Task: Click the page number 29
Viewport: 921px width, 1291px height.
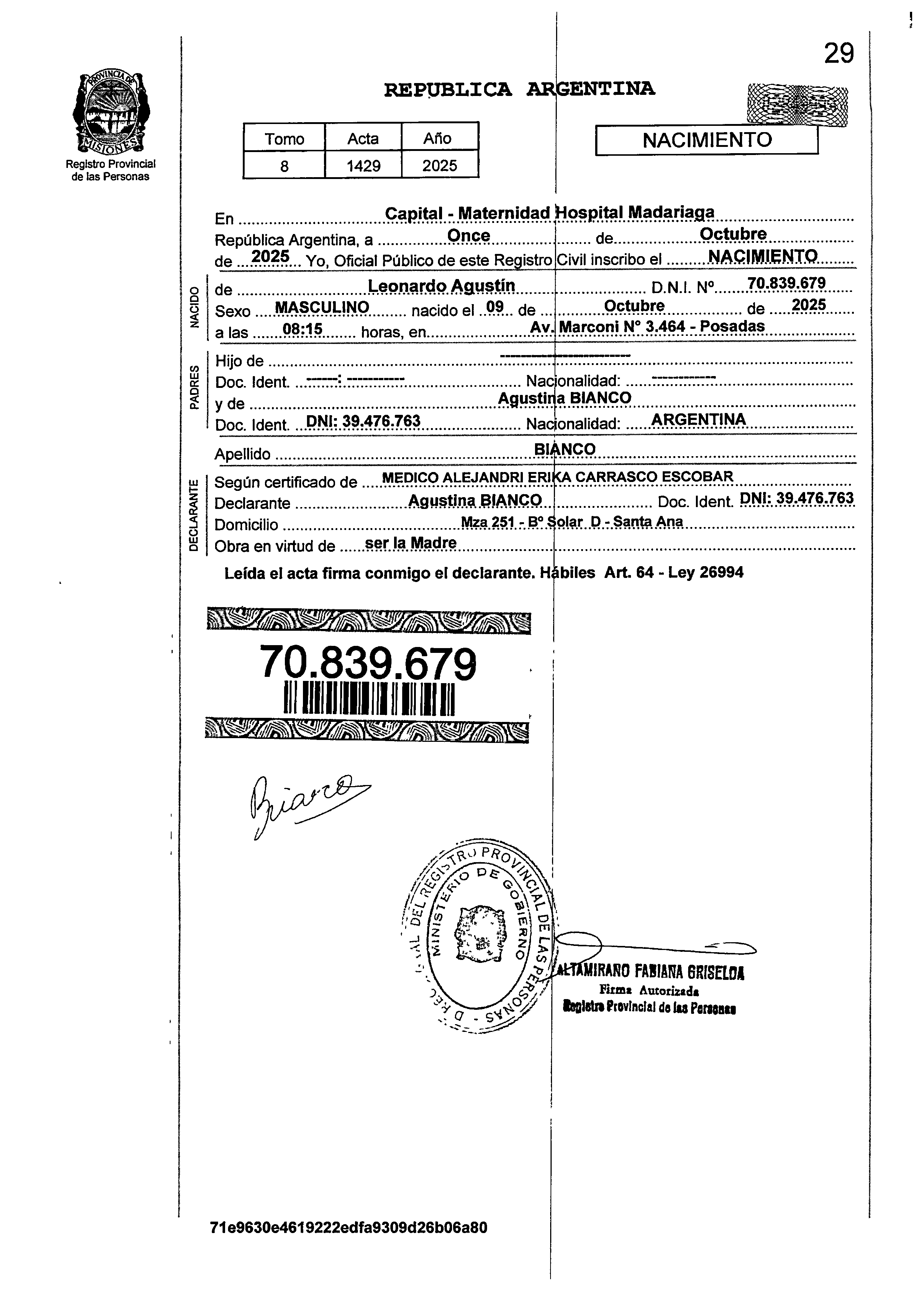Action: tap(838, 54)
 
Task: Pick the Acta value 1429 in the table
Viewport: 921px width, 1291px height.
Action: tap(363, 166)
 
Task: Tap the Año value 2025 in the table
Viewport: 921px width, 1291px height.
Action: tap(439, 166)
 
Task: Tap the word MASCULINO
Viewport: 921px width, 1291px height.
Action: tap(321, 307)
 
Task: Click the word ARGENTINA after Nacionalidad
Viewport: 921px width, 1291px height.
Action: tap(699, 419)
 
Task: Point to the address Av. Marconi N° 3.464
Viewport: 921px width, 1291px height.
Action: tap(646, 327)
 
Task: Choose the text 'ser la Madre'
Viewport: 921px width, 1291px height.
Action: tap(411, 543)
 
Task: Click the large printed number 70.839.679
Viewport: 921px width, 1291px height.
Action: tap(368, 664)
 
